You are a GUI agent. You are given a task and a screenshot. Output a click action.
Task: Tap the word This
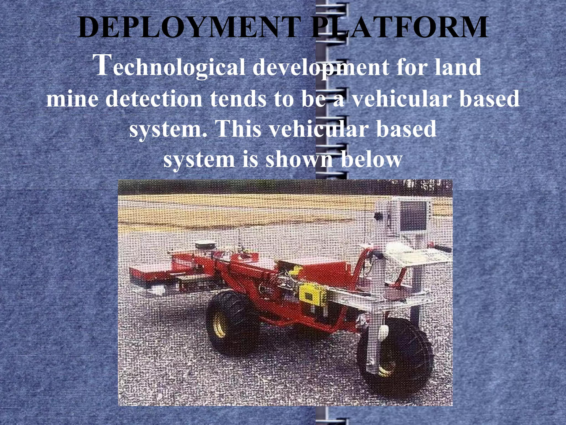[238, 129]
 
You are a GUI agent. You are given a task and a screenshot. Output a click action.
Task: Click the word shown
[299, 160]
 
